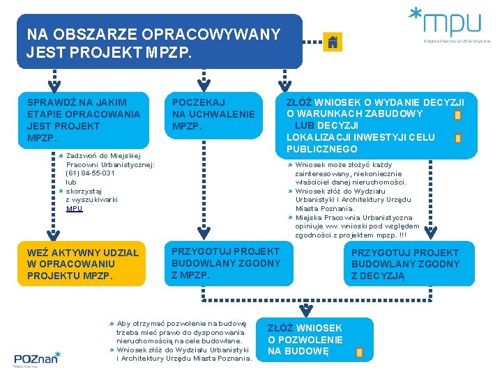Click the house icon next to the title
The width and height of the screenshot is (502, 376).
click(333, 42)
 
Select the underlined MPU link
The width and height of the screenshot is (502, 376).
click(74, 209)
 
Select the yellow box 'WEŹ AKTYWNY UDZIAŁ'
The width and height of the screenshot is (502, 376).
click(82, 264)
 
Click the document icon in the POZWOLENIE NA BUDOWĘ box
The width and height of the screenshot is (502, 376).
click(359, 352)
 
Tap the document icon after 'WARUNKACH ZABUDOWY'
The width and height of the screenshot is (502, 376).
click(457, 115)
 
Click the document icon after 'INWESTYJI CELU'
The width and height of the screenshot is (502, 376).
click(457, 138)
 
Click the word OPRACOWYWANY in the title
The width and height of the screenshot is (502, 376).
click(211, 34)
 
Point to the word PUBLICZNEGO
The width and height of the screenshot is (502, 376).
click(321, 149)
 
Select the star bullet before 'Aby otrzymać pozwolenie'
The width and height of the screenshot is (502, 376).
click(112, 324)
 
